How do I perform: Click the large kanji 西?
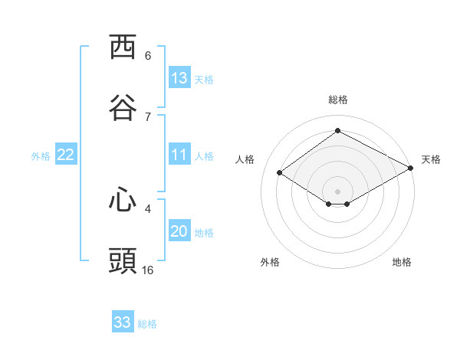(x=123, y=46)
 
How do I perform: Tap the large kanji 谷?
(x=123, y=107)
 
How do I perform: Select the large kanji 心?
(x=123, y=199)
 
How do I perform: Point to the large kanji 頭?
(x=123, y=260)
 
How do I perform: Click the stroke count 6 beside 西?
(x=148, y=56)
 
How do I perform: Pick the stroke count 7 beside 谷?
(x=148, y=117)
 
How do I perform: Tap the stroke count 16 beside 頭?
(x=147, y=270)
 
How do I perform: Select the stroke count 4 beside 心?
(x=148, y=209)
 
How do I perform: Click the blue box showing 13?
(x=179, y=77)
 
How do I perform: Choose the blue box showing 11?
(x=179, y=154)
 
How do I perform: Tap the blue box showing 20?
(x=179, y=230)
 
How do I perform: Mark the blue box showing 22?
(x=66, y=154)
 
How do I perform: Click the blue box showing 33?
(x=123, y=321)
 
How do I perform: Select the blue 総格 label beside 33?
(x=147, y=324)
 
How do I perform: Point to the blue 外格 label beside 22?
(x=41, y=156)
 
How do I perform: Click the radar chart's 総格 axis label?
(x=338, y=100)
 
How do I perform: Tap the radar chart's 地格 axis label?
(x=402, y=262)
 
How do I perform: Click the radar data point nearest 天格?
(x=411, y=168)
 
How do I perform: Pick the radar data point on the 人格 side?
(x=280, y=172)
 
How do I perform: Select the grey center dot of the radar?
(x=337, y=191)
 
